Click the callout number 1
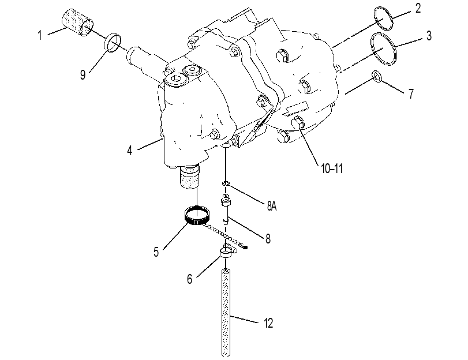(40, 35)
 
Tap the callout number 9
(83, 74)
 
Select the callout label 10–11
(332, 169)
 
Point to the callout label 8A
(272, 206)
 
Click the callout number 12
(268, 323)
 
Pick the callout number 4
(129, 151)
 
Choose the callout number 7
(411, 93)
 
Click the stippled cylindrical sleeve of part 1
(77, 23)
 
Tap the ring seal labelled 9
(113, 42)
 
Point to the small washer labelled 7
(377, 76)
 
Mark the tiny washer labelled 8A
(226, 183)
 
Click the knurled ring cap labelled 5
(197, 215)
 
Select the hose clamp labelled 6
(228, 252)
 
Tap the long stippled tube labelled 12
(226, 312)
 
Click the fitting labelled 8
(226, 208)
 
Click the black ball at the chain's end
(246, 247)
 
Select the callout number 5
(156, 252)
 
